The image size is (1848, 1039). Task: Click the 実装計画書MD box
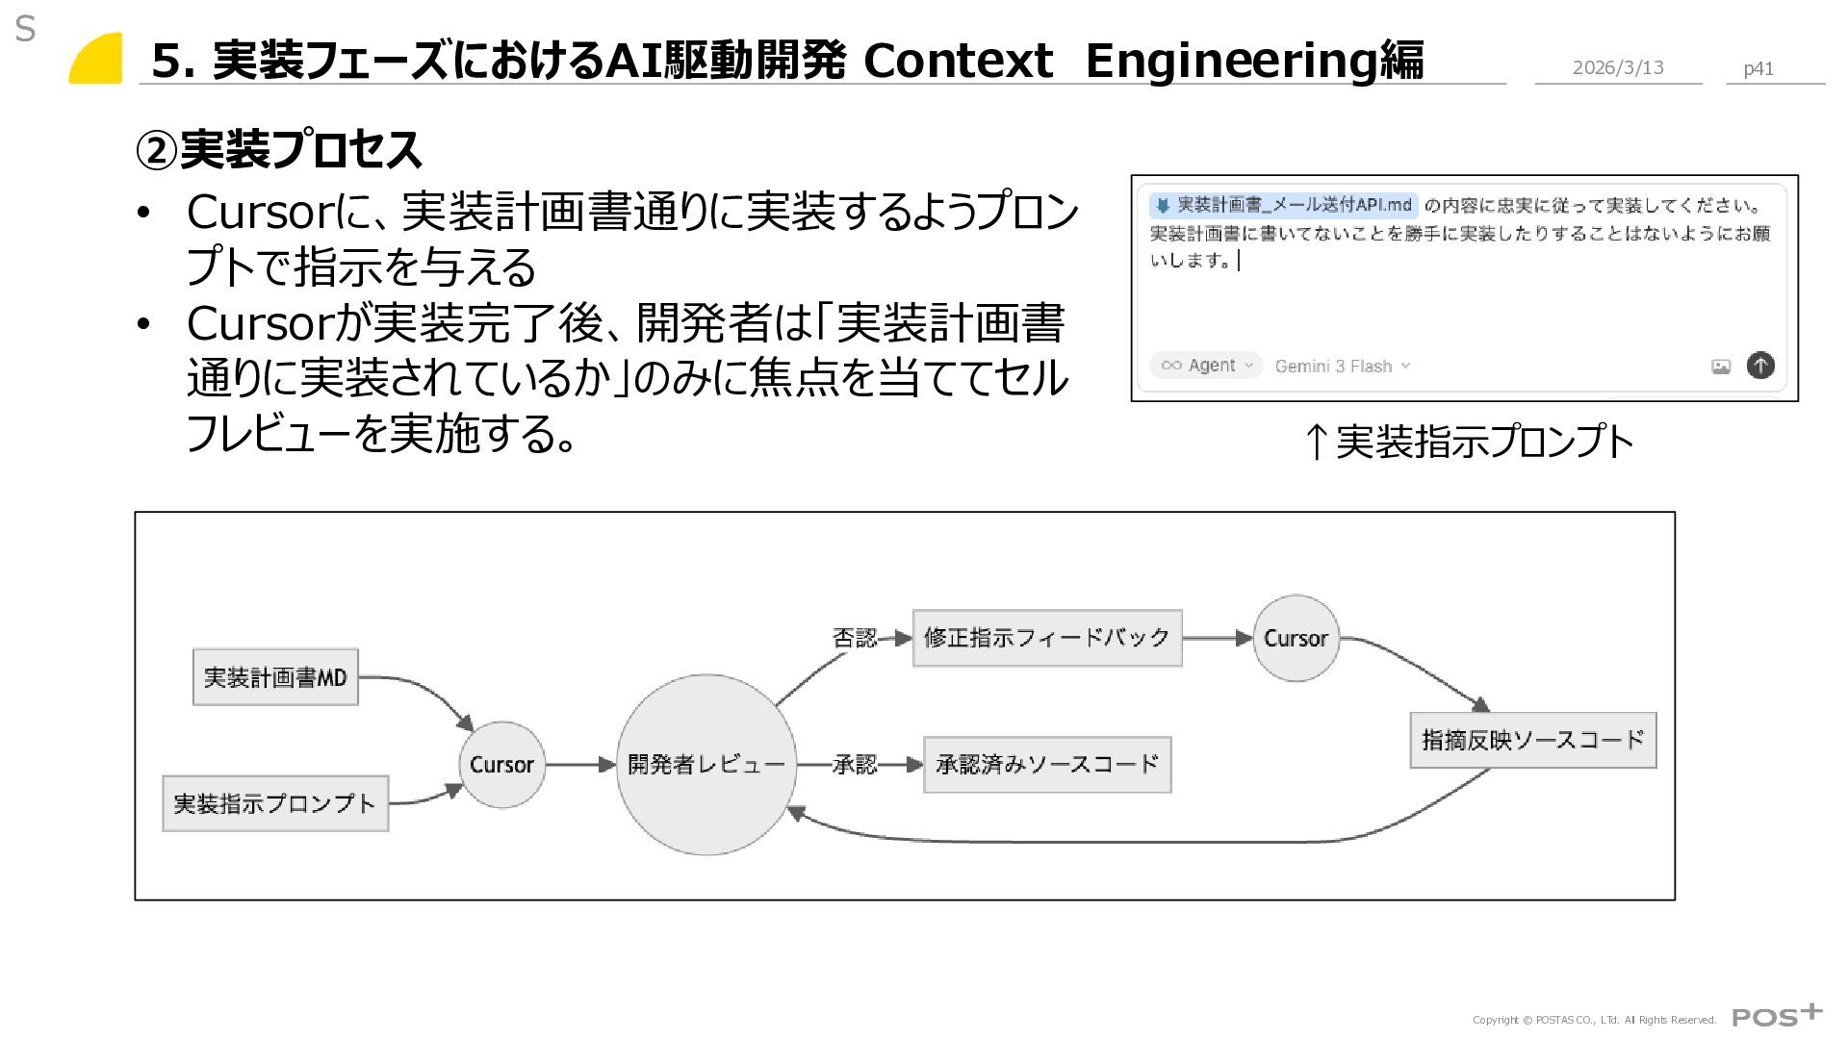[275, 677]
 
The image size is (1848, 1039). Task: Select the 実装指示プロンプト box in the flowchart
[275, 803]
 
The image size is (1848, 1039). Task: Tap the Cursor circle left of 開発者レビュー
[501, 765]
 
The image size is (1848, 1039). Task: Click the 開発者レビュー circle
[706, 765]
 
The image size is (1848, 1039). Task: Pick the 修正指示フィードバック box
[1046, 638]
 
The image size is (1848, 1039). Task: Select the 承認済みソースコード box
[1047, 765]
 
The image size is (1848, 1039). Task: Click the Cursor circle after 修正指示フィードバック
[1296, 638]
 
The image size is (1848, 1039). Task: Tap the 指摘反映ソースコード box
[1532, 740]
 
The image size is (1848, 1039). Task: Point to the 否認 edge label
[854, 638]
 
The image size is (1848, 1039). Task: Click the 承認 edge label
[854, 765]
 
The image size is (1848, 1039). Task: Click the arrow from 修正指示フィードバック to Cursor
[1218, 638]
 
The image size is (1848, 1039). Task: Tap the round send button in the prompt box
[1760, 366]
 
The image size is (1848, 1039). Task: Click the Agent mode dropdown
[1206, 366]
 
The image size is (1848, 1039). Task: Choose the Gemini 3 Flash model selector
[1342, 366]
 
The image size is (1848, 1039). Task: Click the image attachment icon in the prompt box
[1721, 366]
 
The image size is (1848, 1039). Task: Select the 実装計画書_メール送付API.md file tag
[1284, 205]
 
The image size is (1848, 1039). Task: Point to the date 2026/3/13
[1617, 67]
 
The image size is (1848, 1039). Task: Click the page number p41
[1758, 68]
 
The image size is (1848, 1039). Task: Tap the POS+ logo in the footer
[1777, 1015]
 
